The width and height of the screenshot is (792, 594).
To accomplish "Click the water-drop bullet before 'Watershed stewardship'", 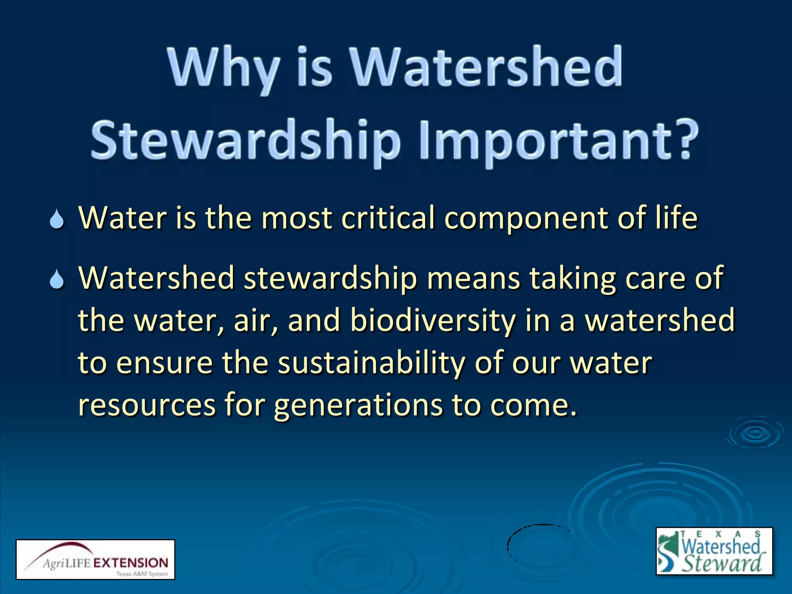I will (57, 279).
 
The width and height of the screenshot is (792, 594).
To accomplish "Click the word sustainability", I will (371, 364).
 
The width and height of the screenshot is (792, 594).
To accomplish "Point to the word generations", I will (358, 406).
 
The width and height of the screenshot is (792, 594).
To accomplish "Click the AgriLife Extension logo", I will (95, 559).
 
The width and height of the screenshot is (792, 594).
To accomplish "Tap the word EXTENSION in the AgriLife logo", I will (131, 563).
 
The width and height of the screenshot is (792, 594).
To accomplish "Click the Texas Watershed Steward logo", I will (714, 551).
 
